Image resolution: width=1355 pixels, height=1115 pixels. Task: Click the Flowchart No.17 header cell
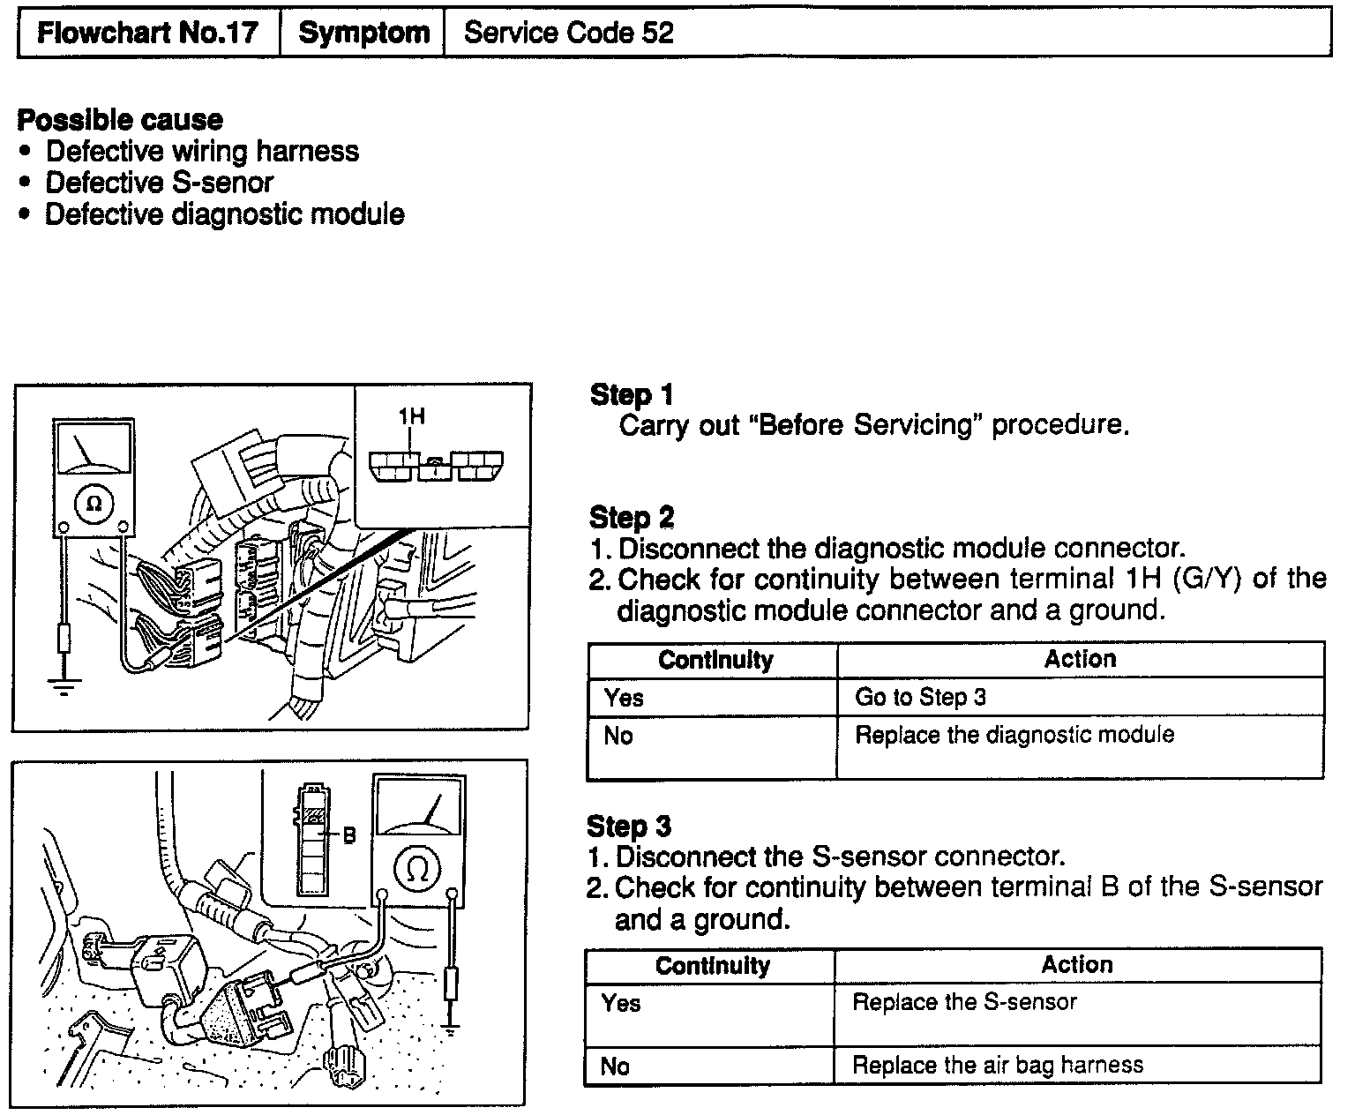coord(147,34)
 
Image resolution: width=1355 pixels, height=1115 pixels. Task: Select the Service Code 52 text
coord(568,34)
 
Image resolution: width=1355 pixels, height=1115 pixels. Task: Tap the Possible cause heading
coord(120,120)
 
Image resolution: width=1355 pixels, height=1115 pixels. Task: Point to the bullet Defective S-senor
coord(159,183)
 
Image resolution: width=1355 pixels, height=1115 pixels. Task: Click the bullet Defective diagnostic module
coord(224,214)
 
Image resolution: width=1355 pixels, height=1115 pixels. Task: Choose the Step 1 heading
coord(631,394)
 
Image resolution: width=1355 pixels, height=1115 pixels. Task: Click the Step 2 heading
coord(631,517)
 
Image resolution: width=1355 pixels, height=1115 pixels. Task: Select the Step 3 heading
coord(628,827)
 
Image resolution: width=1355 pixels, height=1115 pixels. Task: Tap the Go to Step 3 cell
coord(920,697)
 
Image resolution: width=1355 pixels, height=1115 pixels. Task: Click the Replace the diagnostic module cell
coord(1014,735)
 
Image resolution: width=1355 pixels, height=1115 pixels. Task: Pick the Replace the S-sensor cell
coord(964,1002)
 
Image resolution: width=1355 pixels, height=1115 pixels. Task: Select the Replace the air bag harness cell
coord(997,1065)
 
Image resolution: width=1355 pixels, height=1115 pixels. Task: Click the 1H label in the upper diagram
coord(412,415)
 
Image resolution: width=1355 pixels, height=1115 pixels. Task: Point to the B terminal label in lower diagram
coord(349,834)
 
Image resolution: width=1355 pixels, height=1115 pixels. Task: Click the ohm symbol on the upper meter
coord(94,504)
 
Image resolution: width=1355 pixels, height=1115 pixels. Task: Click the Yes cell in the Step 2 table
coord(624,698)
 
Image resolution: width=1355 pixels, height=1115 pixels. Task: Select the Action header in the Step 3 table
coord(1076,964)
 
